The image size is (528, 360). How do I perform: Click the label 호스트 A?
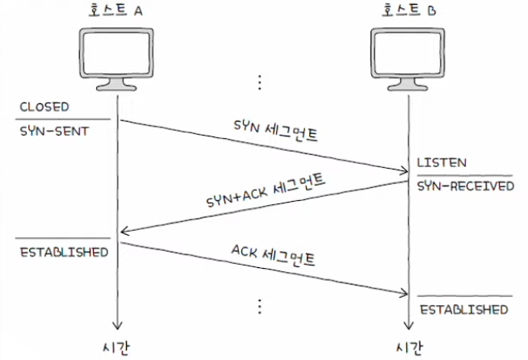(x=115, y=10)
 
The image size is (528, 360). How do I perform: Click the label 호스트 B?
(x=409, y=10)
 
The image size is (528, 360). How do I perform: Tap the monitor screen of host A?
(x=116, y=53)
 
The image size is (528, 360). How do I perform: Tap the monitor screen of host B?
(x=408, y=53)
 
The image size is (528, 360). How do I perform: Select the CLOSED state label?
(x=44, y=107)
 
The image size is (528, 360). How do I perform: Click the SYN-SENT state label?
(x=54, y=131)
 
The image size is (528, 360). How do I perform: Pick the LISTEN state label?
(x=442, y=163)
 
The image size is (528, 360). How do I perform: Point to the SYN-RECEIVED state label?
(x=466, y=186)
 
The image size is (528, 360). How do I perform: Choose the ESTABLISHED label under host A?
(x=64, y=252)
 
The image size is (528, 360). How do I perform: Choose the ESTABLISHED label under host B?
(x=464, y=309)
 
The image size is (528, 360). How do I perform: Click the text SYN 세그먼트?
(x=275, y=130)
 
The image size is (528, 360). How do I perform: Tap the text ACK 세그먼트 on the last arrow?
(x=273, y=255)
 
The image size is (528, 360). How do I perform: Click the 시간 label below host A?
(x=115, y=348)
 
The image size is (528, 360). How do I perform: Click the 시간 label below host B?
(x=409, y=348)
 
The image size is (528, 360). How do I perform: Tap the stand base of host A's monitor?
(x=116, y=86)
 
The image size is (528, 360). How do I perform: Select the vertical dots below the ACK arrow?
(x=260, y=306)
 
